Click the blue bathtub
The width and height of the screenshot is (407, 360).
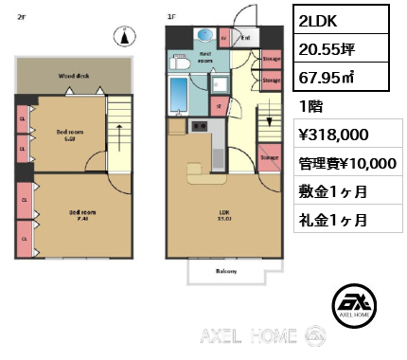178,96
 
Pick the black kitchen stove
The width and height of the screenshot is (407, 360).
200,127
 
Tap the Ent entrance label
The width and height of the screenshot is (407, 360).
244,38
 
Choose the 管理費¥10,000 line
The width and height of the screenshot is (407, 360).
346,163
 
